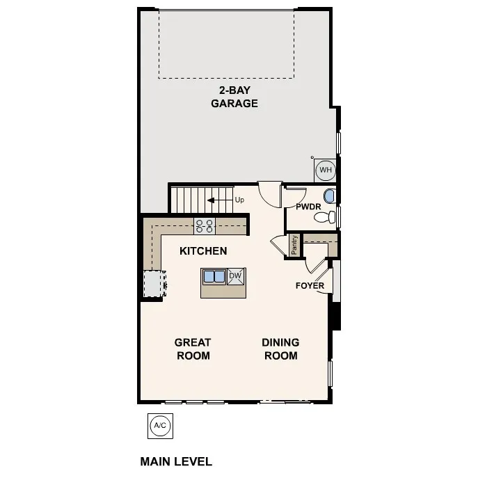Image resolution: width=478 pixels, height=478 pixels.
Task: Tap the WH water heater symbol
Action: (x=325, y=169)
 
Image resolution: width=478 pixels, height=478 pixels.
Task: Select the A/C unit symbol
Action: (x=159, y=425)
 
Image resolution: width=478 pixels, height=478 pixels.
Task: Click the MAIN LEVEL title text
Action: (x=176, y=461)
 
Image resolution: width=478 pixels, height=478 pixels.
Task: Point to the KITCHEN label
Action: (x=203, y=250)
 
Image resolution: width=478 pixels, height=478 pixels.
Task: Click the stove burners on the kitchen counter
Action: (x=205, y=225)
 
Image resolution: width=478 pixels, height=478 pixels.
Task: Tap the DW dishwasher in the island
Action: (x=236, y=276)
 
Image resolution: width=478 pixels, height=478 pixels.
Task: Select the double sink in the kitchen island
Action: (x=214, y=276)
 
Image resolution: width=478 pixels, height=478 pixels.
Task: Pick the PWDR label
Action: (x=308, y=207)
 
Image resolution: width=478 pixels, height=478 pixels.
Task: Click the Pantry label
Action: (x=295, y=246)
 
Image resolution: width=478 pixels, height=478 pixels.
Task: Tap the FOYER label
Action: (x=310, y=285)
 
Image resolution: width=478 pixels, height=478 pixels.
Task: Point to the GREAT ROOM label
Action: (x=193, y=349)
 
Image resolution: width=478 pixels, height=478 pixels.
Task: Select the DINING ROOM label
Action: (x=280, y=349)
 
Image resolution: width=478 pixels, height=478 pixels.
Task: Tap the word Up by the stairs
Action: (x=239, y=200)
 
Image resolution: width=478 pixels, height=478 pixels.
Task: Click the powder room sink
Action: (x=330, y=196)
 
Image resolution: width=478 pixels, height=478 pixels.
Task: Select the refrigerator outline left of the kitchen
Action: (x=152, y=283)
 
